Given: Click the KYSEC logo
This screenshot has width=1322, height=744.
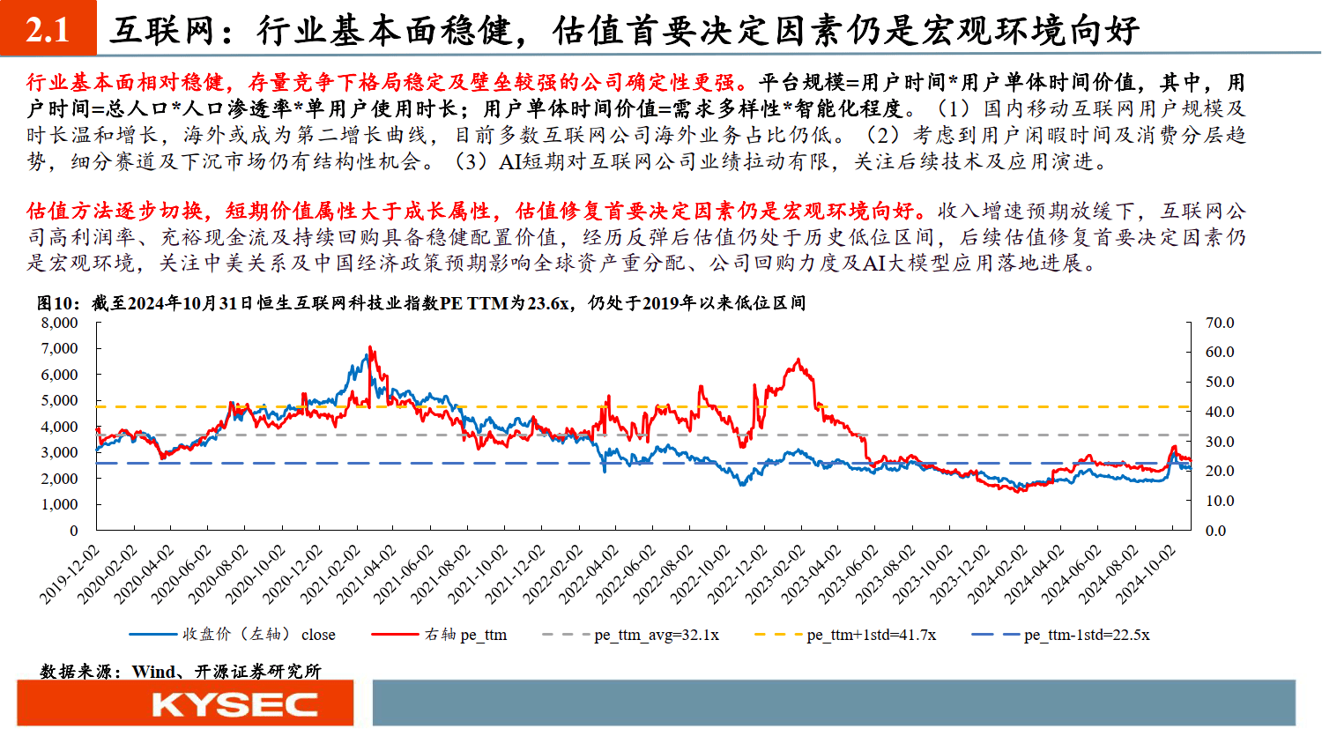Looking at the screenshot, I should coord(234,704).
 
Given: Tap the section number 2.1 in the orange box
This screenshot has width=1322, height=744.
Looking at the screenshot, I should coord(48,30).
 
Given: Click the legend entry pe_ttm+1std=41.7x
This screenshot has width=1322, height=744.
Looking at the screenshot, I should coord(871,635).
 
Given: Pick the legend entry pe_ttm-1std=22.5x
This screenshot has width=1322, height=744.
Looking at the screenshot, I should coord(1087,635).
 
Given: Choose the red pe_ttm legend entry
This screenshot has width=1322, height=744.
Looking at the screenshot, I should coord(465,635).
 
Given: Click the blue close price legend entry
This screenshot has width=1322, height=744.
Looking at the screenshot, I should coord(258,635).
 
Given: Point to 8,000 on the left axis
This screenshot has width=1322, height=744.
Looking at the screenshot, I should coord(60,323).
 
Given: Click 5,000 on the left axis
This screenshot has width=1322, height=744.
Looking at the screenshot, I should coord(60,400).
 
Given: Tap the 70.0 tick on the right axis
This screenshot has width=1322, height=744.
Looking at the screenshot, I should coord(1220,323).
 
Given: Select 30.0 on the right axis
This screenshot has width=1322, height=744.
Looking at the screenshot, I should coord(1220,442).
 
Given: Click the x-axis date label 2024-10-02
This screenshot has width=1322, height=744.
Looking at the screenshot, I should coord(1147,574).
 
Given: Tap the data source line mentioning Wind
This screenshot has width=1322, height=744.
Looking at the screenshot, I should coord(181,671).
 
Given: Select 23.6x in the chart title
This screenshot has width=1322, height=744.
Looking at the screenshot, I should coord(547,303).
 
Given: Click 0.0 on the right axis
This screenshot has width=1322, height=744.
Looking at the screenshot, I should coord(1215,531).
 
